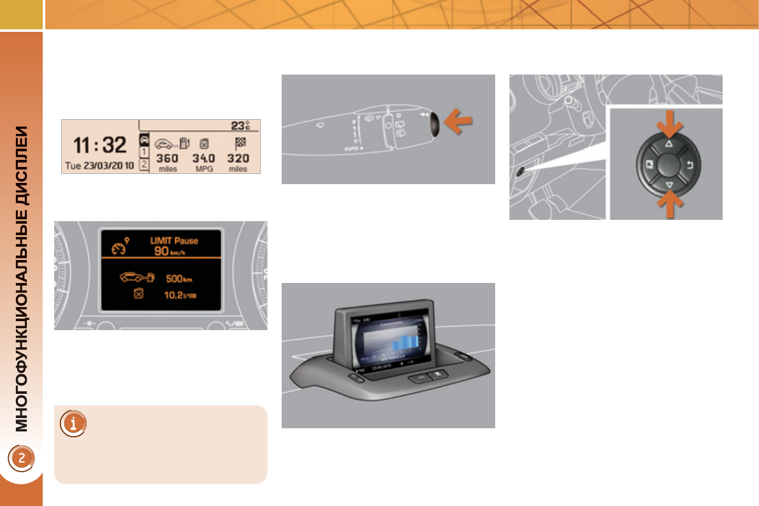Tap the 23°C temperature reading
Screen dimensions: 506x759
pyautogui.click(x=240, y=126)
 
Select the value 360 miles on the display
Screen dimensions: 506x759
pyautogui.click(x=168, y=158)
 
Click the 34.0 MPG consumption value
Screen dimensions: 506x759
pyautogui.click(x=204, y=158)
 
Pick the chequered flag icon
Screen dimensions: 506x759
pyautogui.click(x=240, y=143)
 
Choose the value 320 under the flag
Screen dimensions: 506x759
pyautogui.click(x=238, y=158)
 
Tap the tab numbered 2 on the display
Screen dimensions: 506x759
pyautogui.click(x=144, y=164)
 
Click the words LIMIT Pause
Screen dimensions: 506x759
pyautogui.click(x=173, y=241)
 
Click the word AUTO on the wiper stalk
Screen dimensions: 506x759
pyautogui.click(x=349, y=148)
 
